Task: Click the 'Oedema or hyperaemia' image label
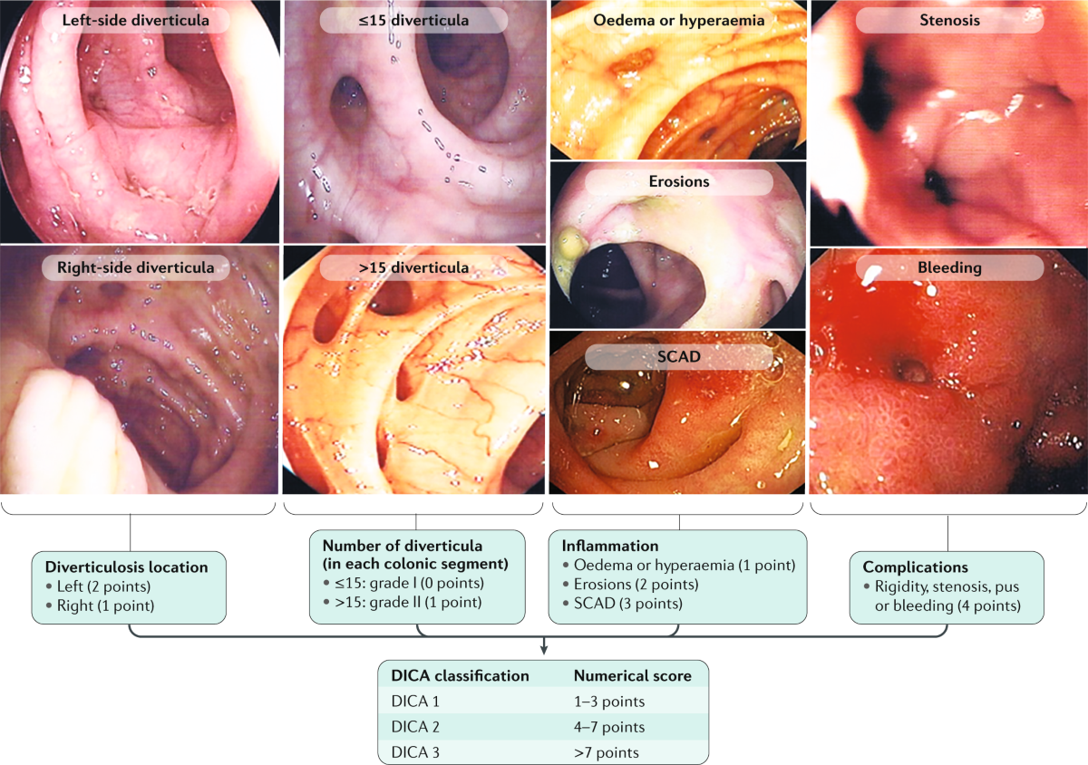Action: coord(678,20)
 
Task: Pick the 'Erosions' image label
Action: coord(678,182)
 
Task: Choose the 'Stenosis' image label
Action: coord(947,20)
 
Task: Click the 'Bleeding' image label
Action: coord(947,268)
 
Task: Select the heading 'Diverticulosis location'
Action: coord(126,567)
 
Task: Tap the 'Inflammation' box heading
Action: coord(599,547)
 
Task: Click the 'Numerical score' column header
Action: coord(632,675)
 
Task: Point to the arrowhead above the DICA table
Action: coord(543,647)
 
